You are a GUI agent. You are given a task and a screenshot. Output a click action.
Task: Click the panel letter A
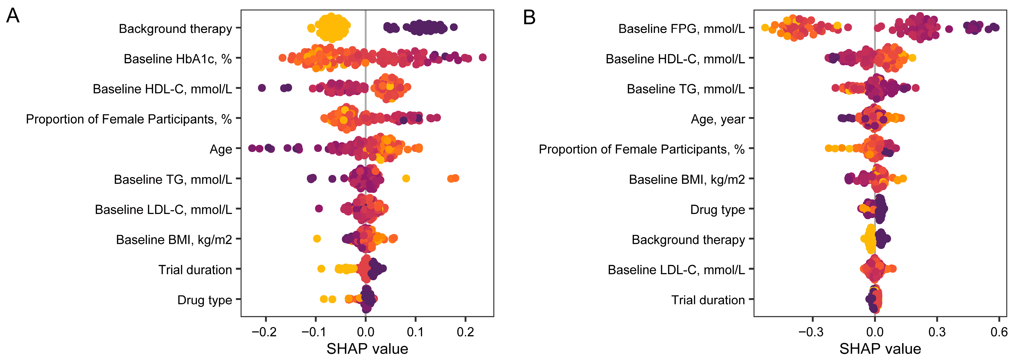tap(13, 16)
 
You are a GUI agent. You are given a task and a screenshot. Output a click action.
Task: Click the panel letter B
tap(529, 18)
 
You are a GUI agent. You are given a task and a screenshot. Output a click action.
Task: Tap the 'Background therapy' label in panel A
tap(175, 29)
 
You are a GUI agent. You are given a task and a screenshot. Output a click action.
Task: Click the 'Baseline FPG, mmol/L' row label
tap(681, 29)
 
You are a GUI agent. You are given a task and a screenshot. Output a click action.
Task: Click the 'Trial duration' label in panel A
tap(195, 270)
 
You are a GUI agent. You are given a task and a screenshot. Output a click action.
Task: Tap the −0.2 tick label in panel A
tap(264, 332)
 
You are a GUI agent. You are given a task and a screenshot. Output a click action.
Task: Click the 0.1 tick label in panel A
tap(415, 332)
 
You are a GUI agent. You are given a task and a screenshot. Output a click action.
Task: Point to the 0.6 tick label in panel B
tap(999, 332)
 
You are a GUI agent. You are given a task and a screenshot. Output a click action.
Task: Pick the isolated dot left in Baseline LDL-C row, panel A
tap(319, 208)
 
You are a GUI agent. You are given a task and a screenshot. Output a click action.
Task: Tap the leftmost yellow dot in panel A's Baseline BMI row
tap(316, 238)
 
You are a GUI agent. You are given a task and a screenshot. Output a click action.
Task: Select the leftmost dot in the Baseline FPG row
tap(765, 28)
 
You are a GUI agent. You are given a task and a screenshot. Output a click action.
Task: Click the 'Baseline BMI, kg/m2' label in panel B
tap(687, 180)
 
